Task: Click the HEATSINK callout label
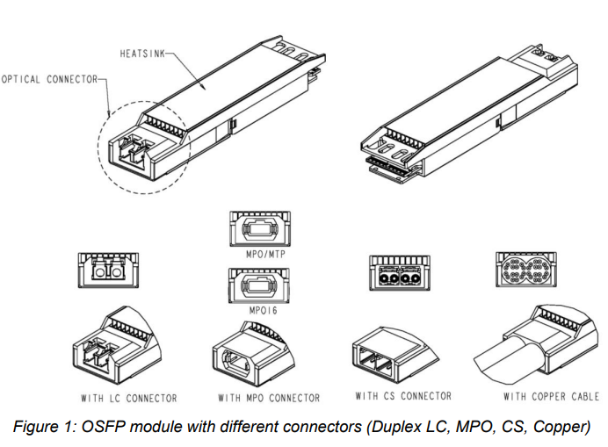[x=141, y=54]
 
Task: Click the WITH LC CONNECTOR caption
[x=128, y=398]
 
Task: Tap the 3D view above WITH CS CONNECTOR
[x=395, y=351]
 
